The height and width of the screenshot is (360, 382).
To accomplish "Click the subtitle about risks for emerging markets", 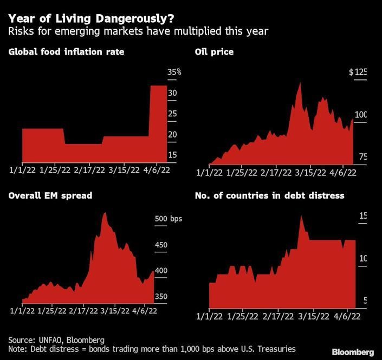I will tap(138, 31).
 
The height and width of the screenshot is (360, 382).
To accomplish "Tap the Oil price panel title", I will tap(214, 52).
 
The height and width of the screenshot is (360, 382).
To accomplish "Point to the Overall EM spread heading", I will tap(50, 195).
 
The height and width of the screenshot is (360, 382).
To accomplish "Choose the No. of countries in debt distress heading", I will tap(269, 195).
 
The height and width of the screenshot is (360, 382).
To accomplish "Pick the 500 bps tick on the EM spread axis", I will tap(169, 219).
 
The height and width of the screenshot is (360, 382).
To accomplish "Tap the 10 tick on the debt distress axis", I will tap(362, 258).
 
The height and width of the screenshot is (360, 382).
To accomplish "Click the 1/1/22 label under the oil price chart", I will tap(209, 173).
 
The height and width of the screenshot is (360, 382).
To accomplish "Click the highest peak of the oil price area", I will tap(300, 83).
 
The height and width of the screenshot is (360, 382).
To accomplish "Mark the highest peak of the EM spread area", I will tap(105, 213).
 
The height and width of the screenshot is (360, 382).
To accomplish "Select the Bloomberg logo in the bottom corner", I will tap(352, 351).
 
